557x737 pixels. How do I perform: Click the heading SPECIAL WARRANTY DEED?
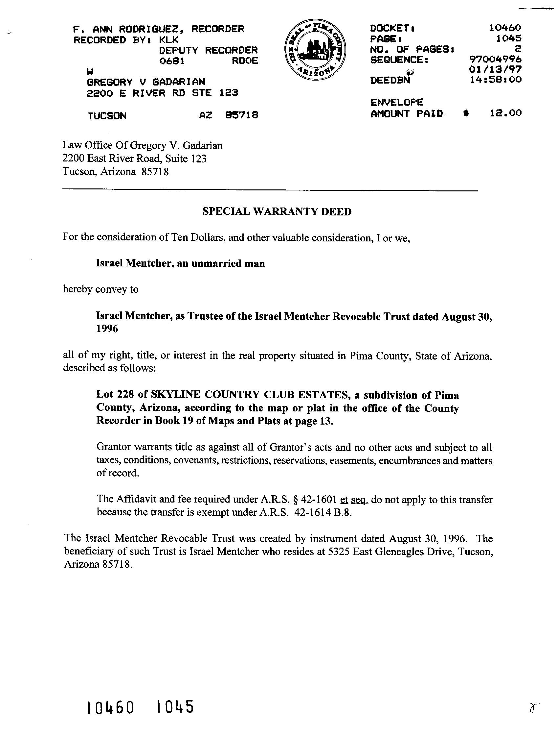click(x=277, y=211)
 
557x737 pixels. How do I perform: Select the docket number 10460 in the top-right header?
click(x=505, y=28)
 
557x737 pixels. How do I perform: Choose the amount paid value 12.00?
click(x=505, y=113)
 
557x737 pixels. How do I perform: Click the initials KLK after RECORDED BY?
click(x=169, y=40)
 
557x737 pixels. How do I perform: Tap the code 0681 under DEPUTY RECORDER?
click(x=172, y=61)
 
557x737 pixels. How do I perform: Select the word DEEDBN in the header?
click(x=390, y=80)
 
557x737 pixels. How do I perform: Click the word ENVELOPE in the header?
click(x=397, y=102)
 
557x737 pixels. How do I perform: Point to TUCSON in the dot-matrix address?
click(x=107, y=116)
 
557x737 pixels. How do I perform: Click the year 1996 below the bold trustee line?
click(x=107, y=329)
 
